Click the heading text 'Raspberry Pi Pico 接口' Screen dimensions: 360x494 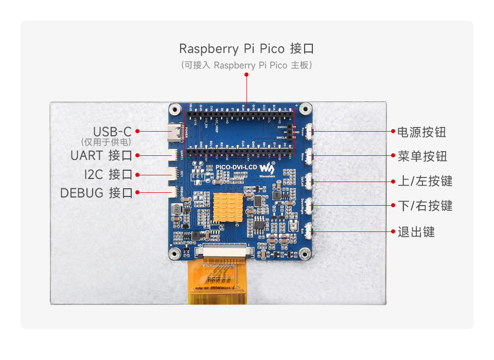click(246, 49)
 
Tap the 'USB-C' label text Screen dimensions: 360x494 click(112, 132)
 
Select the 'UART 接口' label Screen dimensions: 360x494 click(102, 155)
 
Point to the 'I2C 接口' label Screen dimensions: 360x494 click(109, 174)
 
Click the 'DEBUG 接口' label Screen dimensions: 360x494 click(97, 193)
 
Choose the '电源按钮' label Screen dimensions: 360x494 click(421, 132)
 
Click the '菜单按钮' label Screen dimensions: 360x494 click(422, 156)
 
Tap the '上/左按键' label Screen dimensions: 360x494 click(425, 181)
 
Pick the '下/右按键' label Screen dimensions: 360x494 click(425, 206)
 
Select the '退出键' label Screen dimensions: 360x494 click(416, 232)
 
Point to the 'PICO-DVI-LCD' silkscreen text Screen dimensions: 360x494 click(236, 167)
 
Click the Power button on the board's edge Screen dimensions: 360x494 click(310, 131)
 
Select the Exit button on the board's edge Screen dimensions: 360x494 click(310, 231)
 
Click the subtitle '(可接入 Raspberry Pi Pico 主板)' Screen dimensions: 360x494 click(246, 65)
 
